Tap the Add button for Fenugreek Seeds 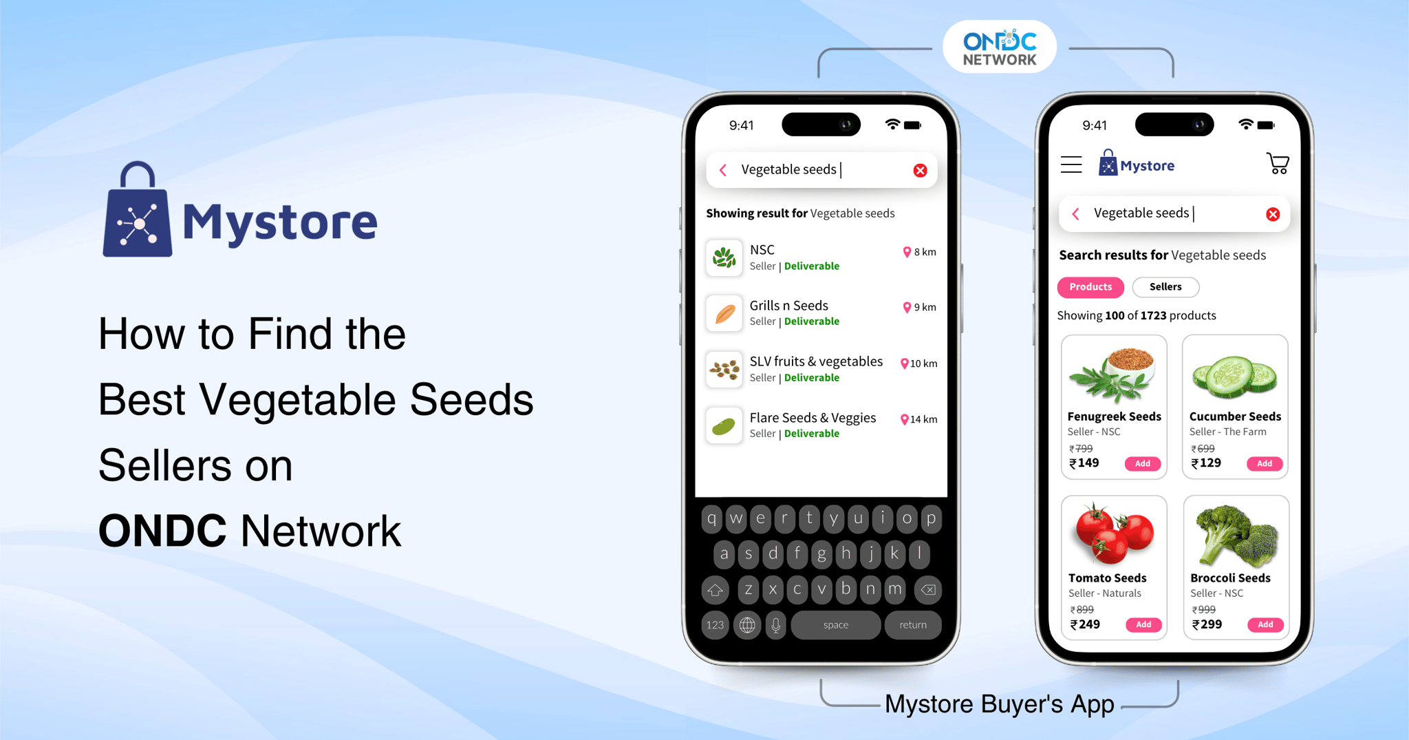(1143, 463)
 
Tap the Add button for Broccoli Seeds (1265, 624)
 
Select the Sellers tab (1165, 287)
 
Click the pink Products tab (1090, 287)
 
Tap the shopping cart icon (1278, 164)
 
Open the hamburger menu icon (1071, 165)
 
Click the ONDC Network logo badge (1000, 47)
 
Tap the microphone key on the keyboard (775, 625)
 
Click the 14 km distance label (919, 419)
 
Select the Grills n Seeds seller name (788, 306)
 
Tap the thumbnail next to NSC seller (724, 258)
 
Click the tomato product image (1114, 533)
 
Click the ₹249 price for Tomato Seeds (1085, 624)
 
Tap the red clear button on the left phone (920, 170)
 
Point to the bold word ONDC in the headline (162, 531)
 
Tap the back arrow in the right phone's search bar (1076, 214)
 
